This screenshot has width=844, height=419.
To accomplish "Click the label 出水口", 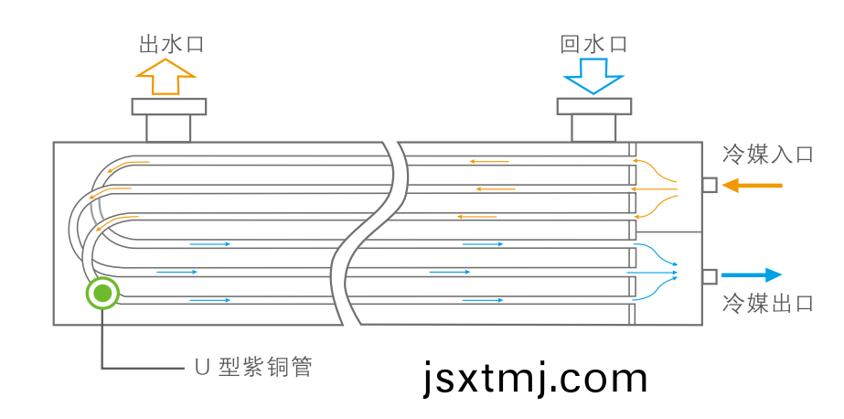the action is [x=171, y=44].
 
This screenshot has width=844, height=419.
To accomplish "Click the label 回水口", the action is [x=593, y=44].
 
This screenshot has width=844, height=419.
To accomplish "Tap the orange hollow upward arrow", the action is [x=166, y=77].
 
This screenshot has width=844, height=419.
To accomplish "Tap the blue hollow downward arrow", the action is [x=593, y=77].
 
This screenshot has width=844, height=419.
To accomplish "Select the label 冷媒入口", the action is [x=767, y=155].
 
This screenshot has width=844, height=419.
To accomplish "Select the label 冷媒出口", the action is [x=767, y=304].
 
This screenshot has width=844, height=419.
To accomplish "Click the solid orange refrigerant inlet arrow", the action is [x=752, y=186].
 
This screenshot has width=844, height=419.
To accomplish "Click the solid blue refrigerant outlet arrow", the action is [x=752, y=275].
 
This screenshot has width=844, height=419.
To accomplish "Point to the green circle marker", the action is [x=102, y=294].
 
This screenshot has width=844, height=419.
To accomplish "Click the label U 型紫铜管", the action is [x=252, y=368].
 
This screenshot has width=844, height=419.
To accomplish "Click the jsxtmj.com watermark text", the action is [x=535, y=379].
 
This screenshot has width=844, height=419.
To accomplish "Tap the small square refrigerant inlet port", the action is [x=710, y=185].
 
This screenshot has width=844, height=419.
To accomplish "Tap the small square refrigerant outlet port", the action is [x=710, y=276].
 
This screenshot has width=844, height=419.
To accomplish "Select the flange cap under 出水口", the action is [x=169, y=107].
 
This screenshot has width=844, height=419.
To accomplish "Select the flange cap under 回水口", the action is [x=594, y=107].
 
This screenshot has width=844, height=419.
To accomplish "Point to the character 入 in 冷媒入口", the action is [x=779, y=155].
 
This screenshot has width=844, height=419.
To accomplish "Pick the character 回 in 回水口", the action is [x=570, y=44].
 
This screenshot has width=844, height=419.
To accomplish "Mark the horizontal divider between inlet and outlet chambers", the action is [x=669, y=232].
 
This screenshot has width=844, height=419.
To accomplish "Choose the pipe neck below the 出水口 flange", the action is [x=168, y=128].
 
